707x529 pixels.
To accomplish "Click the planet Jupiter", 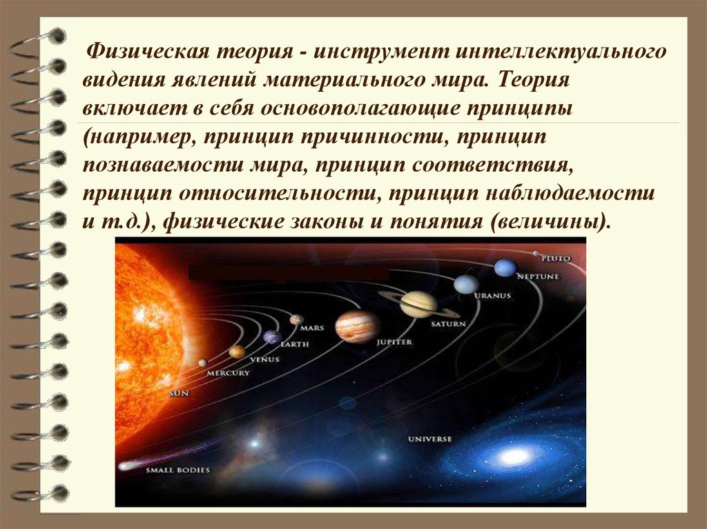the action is coord(358,326).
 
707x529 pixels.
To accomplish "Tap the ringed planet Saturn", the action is coord(419,304).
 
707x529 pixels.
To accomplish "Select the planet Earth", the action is coord(272,337).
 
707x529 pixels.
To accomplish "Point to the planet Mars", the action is coord(297,319).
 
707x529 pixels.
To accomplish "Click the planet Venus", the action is coord(238,352).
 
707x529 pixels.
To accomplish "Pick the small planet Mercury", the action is coord(203,363).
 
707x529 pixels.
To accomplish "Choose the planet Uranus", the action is coord(466,284).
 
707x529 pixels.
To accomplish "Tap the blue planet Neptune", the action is coord(505,268).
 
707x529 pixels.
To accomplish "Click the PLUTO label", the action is coord(556,259).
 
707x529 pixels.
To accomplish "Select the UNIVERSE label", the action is coord(429,439).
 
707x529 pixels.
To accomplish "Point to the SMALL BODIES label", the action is coord(177,470).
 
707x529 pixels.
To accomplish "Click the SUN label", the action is coord(179,393).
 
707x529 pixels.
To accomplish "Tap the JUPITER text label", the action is coord(394,342).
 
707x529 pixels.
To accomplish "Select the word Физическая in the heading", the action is coord(148,52).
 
